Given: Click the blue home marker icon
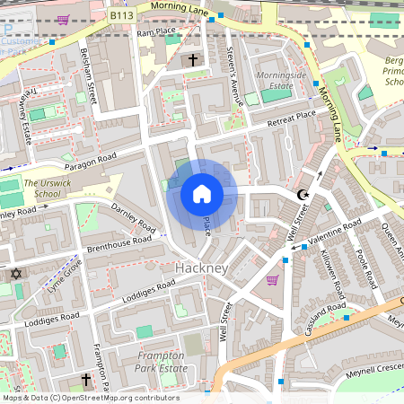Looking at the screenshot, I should (202, 193).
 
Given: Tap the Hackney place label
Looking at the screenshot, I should (202, 268).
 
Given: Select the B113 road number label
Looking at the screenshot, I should (121, 15).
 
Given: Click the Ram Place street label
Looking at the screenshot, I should (154, 32).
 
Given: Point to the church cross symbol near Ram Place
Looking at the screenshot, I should (192, 60).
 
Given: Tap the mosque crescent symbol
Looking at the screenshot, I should (303, 194).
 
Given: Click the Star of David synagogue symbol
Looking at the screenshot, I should (14, 273).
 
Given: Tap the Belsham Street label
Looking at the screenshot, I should (87, 77).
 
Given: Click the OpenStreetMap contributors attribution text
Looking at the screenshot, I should (90, 398).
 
